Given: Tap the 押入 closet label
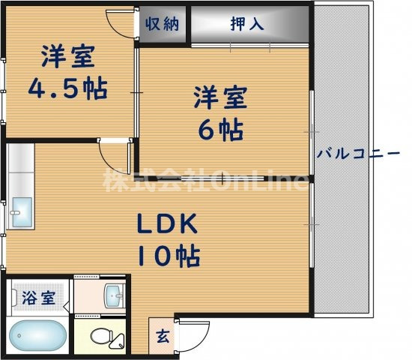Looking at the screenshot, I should pyautogui.click(x=246, y=23).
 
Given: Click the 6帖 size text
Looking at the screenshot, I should pyautogui.click(x=221, y=129).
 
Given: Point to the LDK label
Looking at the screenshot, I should pyautogui.click(x=166, y=224).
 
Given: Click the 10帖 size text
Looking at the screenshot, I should pyautogui.click(x=168, y=256).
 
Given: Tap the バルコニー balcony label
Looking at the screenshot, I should pyautogui.click(x=359, y=154).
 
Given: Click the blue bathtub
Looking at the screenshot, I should pyautogui.click(x=37, y=334).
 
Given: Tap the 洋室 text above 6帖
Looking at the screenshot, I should pyautogui.click(x=220, y=97).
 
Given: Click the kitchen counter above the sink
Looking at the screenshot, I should pyautogui.click(x=21, y=169).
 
